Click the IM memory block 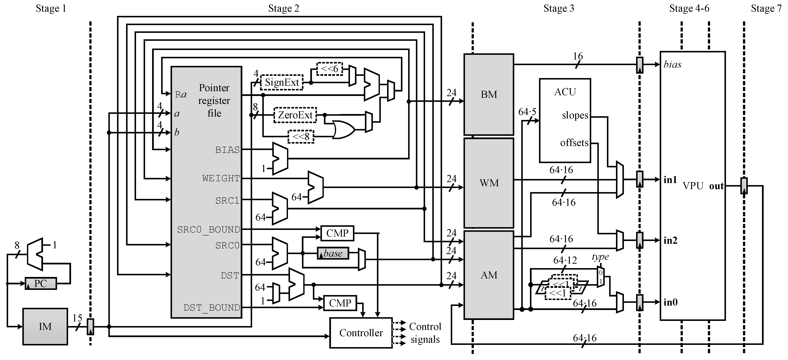point(45,326)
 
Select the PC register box point(40,283)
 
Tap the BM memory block point(489,94)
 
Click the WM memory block point(489,183)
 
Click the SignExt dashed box point(281,82)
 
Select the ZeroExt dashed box point(295,115)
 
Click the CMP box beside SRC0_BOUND point(337,233)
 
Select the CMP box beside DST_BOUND point(340,303)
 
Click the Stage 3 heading point(559,8)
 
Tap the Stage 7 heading point(766,8)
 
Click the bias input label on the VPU point(672,65)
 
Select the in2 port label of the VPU point(670,240)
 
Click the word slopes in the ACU point(575,115)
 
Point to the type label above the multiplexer point(600,257)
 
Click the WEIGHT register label point(221,178)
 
